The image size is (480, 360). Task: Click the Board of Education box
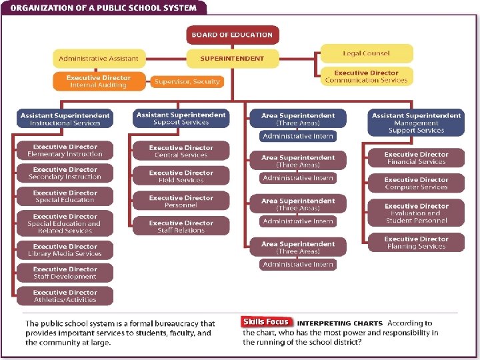232,35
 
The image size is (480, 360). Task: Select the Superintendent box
232,58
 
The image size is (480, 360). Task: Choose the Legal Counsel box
366,53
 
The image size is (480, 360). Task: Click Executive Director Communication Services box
366,77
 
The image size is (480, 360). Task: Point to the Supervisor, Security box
187,81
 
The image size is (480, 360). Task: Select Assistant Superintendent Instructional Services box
65,119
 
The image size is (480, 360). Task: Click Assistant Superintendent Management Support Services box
416,123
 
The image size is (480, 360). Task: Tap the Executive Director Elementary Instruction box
65,150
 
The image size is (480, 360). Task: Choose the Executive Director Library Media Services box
65,250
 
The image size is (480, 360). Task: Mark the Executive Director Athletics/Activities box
65,296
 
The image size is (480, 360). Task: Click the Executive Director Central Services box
181,151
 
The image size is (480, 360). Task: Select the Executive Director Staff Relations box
181,227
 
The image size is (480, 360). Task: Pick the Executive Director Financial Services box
416,158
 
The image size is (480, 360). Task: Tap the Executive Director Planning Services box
416,243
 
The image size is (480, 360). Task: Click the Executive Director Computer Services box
416,183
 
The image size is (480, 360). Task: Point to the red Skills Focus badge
265,322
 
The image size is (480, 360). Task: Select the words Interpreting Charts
337,323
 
